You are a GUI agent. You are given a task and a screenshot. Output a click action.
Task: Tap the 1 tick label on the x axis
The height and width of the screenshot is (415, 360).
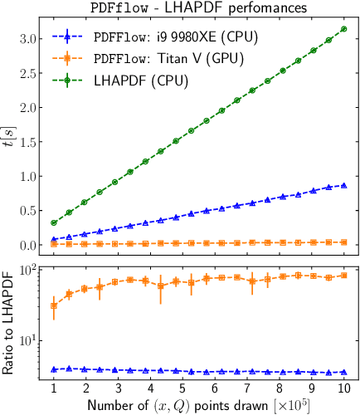coord(54,388)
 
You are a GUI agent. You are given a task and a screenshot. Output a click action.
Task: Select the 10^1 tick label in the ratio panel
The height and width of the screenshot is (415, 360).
coord(27,339)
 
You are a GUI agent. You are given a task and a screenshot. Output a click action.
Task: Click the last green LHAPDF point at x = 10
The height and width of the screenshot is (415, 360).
coord(344,29)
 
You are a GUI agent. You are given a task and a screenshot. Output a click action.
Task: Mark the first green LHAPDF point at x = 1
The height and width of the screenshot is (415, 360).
coord(54,222)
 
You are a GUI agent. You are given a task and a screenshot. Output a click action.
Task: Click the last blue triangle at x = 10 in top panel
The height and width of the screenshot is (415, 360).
coord(344,186)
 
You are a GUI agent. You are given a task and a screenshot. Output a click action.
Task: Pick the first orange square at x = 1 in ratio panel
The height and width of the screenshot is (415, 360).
coord(54,305)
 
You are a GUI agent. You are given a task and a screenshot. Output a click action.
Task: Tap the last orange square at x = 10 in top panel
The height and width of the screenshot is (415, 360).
coord(344,242)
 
